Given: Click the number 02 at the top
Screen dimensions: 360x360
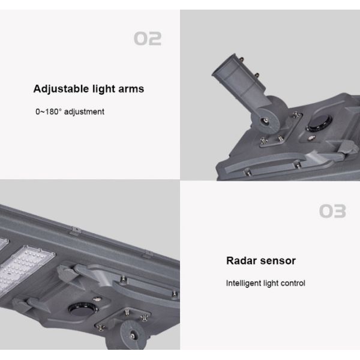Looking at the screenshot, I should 147,39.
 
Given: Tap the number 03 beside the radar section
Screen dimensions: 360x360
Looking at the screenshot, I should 332,211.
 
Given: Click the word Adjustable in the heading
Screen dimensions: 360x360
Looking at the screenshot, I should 61,89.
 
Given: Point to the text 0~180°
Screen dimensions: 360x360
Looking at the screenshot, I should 48,112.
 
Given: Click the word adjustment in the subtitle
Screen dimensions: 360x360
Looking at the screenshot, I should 83,112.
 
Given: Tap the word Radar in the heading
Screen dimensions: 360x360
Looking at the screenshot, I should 242,260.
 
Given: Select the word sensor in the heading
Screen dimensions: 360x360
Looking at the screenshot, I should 278,260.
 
